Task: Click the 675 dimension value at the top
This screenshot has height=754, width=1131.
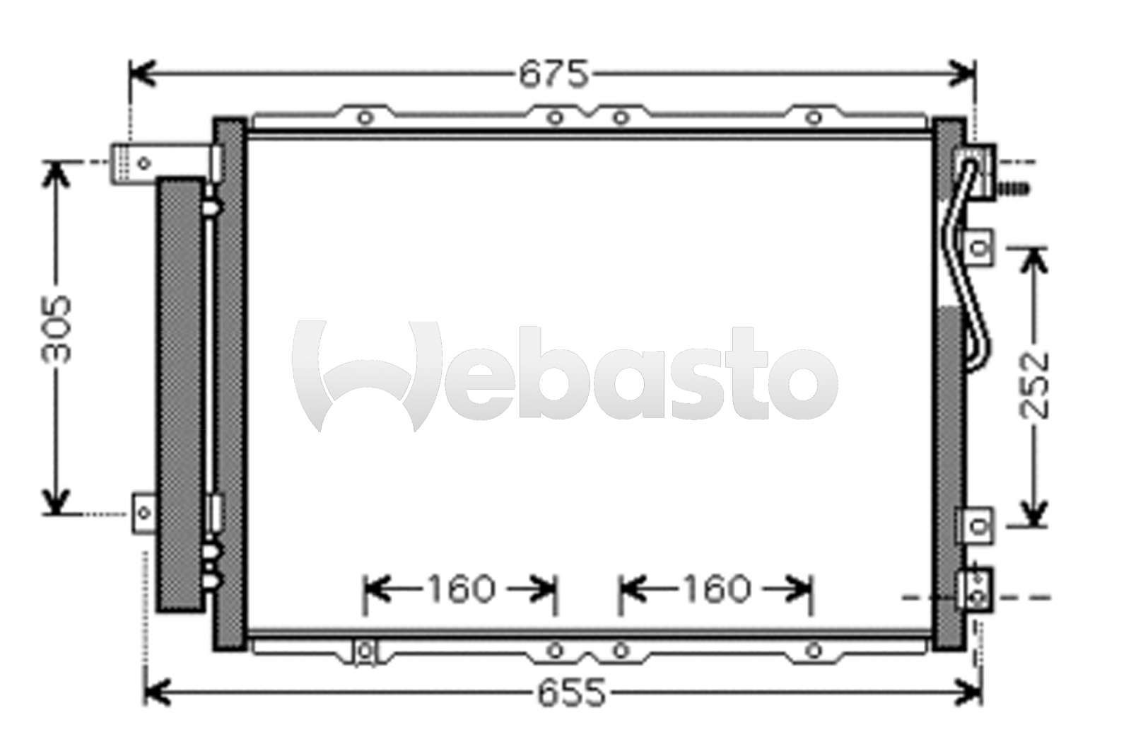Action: tap(553, 74)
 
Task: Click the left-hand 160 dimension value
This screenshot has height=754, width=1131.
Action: tap(459, 589)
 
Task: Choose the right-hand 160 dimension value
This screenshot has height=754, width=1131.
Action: tap(715, 589)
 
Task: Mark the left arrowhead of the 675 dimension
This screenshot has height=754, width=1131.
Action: tap(141, 73)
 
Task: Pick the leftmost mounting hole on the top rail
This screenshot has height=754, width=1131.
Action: tap(364, 117)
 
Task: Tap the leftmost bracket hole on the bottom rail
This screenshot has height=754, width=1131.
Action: tap(365, 649)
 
